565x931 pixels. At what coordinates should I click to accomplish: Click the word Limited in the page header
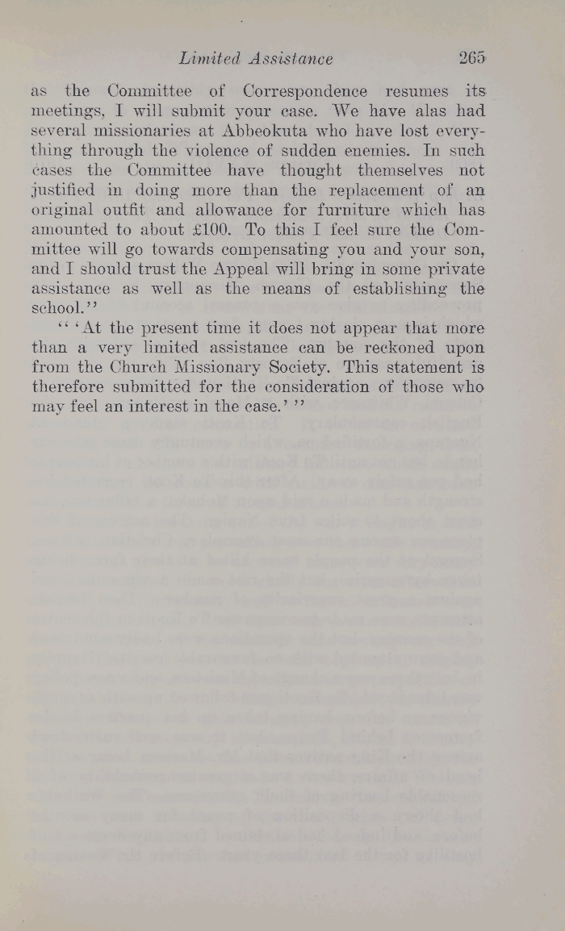click(x=211, y=58)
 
